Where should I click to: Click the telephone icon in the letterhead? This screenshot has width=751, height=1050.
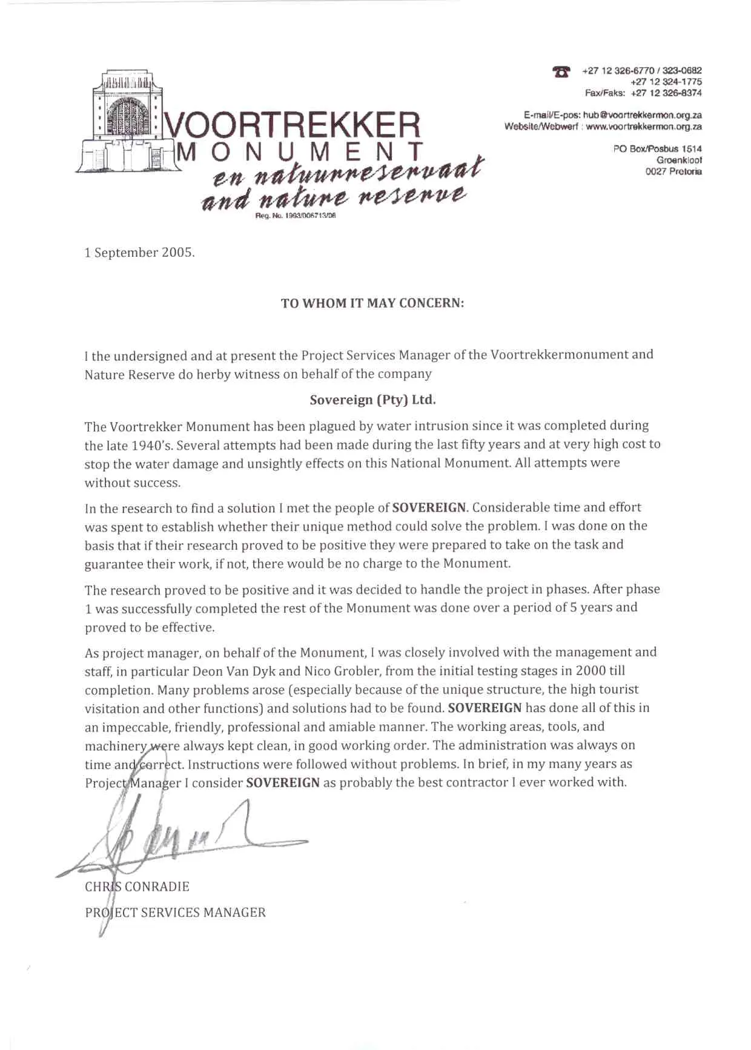tap(561, 71)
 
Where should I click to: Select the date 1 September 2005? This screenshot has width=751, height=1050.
tap(139, 253)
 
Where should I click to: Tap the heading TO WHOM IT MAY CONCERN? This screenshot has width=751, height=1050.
tap(372, 303)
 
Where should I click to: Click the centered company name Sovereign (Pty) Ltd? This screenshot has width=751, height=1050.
tap(372, 400)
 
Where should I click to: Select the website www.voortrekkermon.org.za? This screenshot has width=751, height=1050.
tap(644, 127)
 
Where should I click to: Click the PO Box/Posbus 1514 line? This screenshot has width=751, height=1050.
tap(657, 149)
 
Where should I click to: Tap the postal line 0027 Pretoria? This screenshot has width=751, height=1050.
tap(673, 171)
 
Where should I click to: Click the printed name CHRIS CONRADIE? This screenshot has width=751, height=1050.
tap(137, 887)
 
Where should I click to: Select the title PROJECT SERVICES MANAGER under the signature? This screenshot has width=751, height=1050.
tap(175, 913)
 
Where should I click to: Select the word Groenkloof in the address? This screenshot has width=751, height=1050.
tap(679, 160)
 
